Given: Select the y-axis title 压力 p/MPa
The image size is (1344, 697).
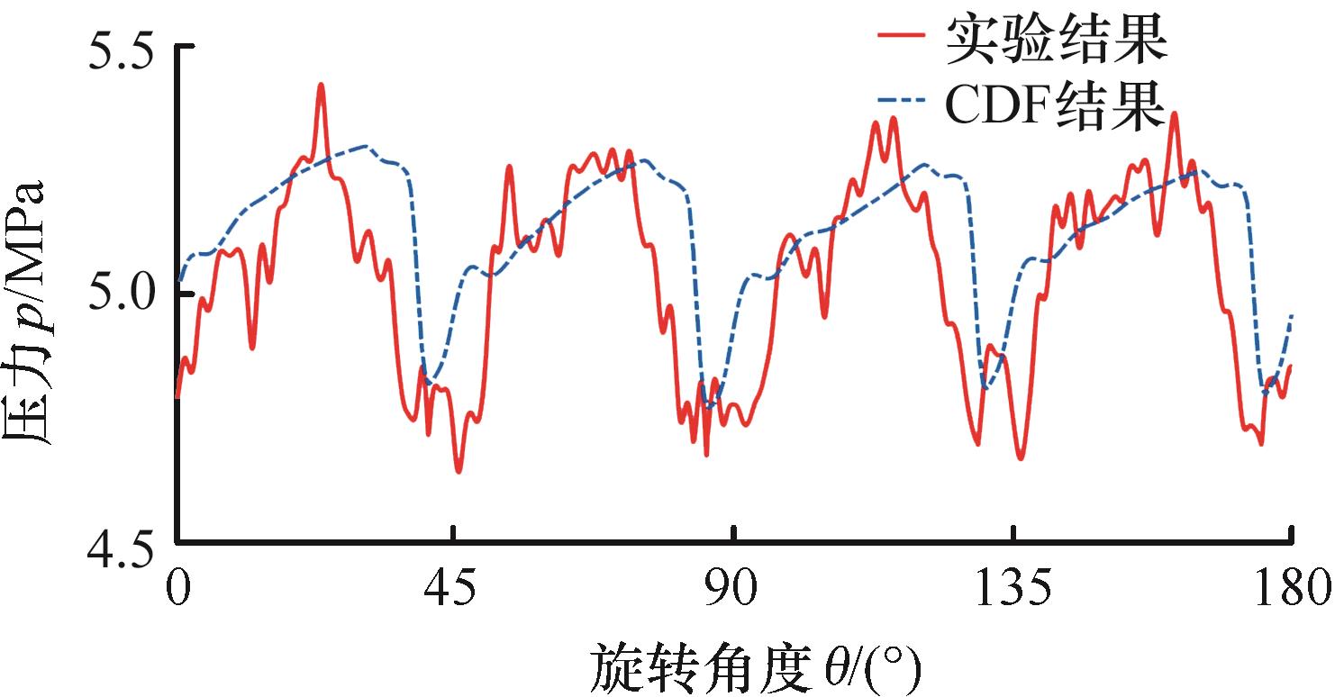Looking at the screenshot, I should tap(31, 315).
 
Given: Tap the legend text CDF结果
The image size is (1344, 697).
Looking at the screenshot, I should tap(1056, 108).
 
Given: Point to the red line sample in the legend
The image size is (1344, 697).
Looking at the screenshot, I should tap(901, 40).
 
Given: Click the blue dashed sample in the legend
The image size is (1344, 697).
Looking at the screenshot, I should tap(901, 108).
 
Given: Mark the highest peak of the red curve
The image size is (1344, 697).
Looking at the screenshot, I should tap(321, 85).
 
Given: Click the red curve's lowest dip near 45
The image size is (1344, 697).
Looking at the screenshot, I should tap(459, 471).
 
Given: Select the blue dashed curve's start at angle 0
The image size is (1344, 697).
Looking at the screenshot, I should tap(179, 281).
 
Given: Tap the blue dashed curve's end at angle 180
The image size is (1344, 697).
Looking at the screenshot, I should tap(1292, 314).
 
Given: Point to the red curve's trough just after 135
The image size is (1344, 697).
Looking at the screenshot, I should tap(1021, 458).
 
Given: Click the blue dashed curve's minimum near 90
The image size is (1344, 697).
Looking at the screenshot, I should tap(709, 407).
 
